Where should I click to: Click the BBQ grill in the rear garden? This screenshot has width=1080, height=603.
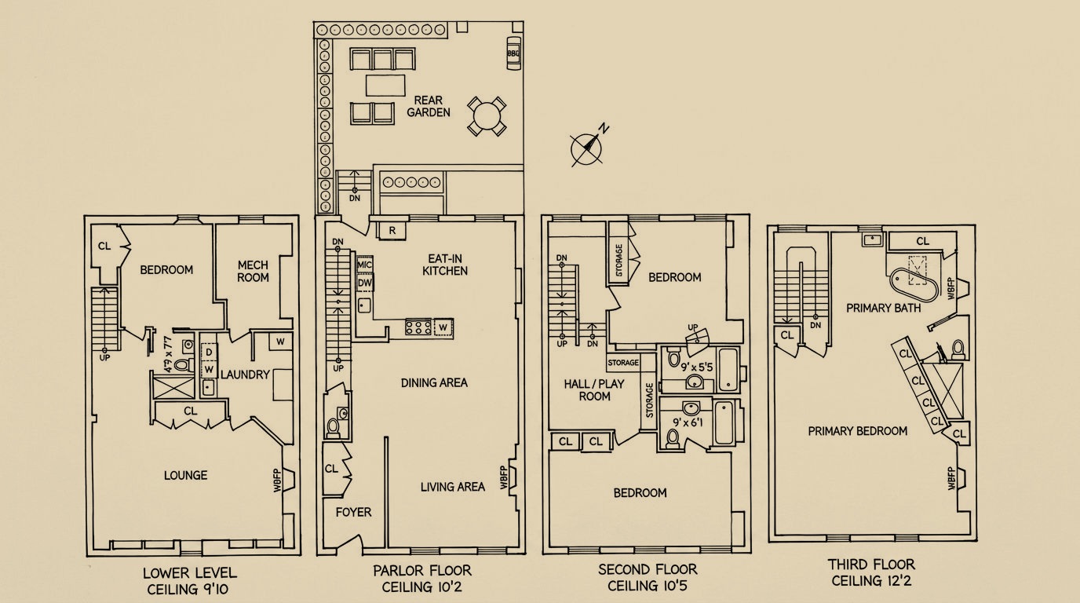coord(513,53)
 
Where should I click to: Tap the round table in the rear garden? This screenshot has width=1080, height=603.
coord(487,115)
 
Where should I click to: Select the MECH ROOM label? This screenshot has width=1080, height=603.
coord(253,271)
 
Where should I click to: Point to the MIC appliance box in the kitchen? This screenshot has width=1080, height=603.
coord(364,265)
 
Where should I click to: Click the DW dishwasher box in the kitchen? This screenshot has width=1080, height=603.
coord(365,283)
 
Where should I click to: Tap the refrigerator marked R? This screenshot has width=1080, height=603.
coord(392,231)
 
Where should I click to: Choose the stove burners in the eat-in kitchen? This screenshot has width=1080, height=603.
coord(418,327)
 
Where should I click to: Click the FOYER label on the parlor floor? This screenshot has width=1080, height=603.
coord(353,512)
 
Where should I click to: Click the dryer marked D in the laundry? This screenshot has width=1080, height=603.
coord(209,353)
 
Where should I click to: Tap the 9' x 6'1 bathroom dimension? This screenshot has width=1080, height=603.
coord(688,423)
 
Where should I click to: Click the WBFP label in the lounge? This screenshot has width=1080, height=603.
coord(277,480)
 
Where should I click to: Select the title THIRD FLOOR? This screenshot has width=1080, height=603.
coord(871,564)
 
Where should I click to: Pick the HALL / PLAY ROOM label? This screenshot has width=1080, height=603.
coord(594,389)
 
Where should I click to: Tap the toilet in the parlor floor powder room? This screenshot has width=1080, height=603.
coord(333,428)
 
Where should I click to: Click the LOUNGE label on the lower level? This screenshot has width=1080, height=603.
coord(185,475)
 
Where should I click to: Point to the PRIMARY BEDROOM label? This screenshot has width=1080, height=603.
coord(858,431)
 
